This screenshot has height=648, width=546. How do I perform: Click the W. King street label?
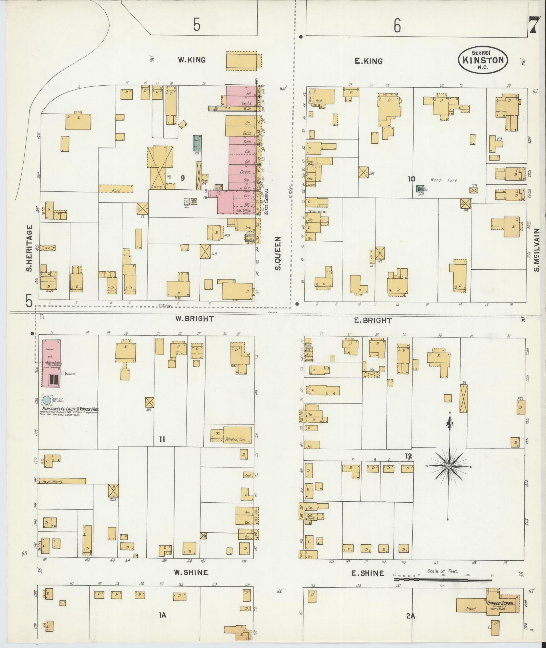[x=192, y=60]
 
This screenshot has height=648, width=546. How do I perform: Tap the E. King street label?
[x=369, y=61]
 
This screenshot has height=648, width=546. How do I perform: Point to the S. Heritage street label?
[x=29, y=248]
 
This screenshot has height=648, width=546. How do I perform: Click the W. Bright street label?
[x=195, y=319]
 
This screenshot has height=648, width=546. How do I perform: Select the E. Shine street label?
[x=368, y=573]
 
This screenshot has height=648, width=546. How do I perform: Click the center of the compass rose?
[x=449, y=466]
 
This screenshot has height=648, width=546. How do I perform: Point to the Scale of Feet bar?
[x=443, y=580]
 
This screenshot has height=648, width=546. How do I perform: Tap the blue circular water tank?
[x=47, y=400]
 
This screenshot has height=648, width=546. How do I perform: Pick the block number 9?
[x=182, y=178]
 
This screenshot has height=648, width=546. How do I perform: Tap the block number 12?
[x=408, y=457]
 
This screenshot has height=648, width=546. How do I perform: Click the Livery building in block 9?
[x=160, y=167]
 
